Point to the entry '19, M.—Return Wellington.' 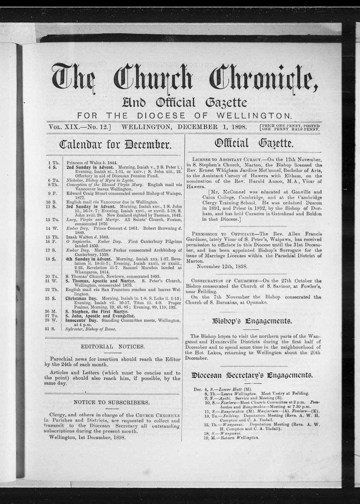coord(231,437)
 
